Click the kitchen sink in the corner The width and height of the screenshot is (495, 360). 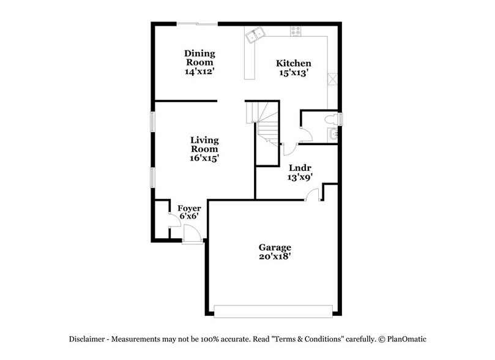[255, 35]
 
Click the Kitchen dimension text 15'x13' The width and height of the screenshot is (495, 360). [294, 73]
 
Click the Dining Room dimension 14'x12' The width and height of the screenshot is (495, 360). [199, 71]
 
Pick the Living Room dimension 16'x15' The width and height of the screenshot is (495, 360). [204, 157]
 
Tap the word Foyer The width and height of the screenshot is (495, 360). [189, 208]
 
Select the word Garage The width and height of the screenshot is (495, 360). [274, 247]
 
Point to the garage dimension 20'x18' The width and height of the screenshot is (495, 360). [274, 257]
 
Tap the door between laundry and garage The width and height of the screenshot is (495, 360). [312, 195]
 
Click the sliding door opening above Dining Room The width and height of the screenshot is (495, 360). [197, 24]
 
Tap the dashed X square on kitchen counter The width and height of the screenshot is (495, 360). [333, 78]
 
